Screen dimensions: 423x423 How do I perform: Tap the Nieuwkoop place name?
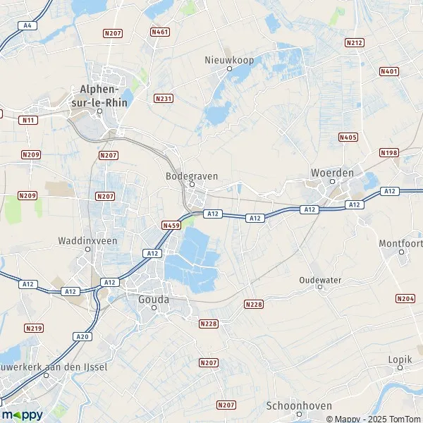coord(228,59)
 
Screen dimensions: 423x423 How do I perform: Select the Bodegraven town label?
coord(191,176)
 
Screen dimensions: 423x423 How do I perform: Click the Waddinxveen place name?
coord(87,240)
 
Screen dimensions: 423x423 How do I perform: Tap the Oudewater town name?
coord(320,280)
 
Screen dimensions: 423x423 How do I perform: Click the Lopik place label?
coord(400,359)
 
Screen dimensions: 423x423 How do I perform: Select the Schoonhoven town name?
coord(294,405)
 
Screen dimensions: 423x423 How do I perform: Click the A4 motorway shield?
coord(27,25)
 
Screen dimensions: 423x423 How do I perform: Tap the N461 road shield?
coord(160,32)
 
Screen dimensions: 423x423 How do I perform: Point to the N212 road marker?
coord(355,43)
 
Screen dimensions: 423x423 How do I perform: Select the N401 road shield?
coord(388,71)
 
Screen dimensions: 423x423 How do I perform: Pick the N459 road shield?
coord(171,225)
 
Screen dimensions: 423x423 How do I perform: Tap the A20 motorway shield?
coord(83,336)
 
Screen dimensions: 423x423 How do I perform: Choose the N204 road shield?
coord(405,299)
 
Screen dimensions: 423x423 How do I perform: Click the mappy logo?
coord(22,415)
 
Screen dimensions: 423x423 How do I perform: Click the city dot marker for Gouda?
coord(153,307)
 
